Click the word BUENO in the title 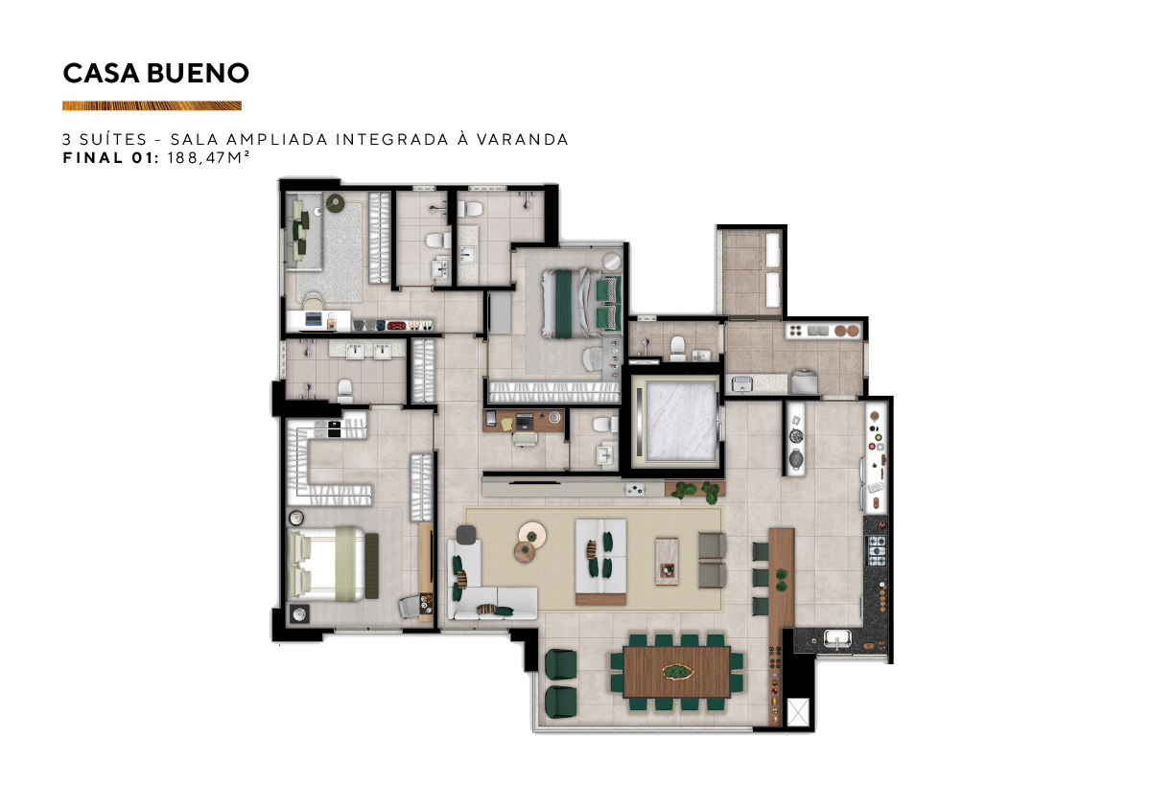click(x=198, y=73)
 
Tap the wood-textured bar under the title click(x=152, y=105)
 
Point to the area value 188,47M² click(x=208, y=157)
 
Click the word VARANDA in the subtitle click(x=523, y=139)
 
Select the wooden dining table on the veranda click(x=676, y=672)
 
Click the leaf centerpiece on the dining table click(x=678, y=671)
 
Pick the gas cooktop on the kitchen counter click(x=877, y=550)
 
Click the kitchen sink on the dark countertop click(x=837, y=639)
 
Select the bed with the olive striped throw click(x=326, y=564)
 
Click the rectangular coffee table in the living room click(x=667, y=562)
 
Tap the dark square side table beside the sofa click(x=466, y=535)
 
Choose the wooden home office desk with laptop click(x=523, y=421)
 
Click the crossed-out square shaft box click(x=798, y=712)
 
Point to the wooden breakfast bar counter click(x=781, y=626)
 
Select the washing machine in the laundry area click(x=804, y=381)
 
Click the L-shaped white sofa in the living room click(x=484, y=582)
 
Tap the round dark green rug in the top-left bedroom click(x=334, y=202)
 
